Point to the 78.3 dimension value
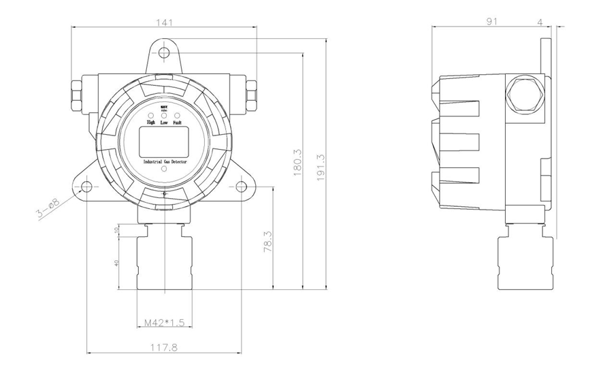coord(267,243)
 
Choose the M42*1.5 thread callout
coord(163,323)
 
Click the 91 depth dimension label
coord(492,22)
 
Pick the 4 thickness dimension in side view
coord(540,22)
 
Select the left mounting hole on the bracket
coord(87,187)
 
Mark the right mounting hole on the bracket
coord(242,187)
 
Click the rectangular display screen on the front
coord(163,141)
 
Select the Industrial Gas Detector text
coord(164,161)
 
